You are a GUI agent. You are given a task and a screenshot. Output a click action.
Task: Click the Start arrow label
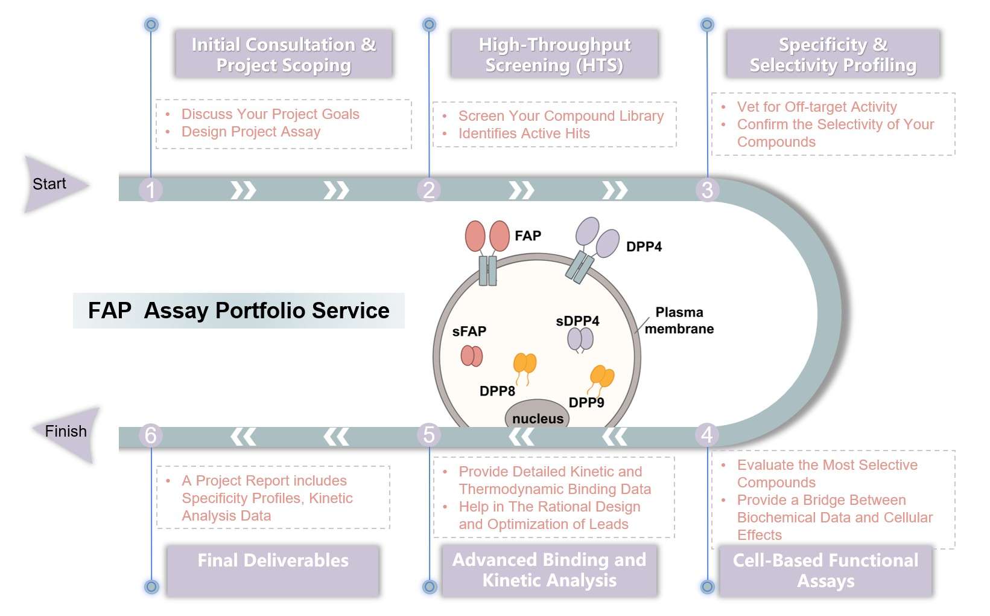pos(49,184)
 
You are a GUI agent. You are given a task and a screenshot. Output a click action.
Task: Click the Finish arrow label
pos(66,431)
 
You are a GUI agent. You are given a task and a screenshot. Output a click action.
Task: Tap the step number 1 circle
pos(150,190)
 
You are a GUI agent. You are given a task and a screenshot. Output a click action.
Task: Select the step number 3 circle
pos(707,190)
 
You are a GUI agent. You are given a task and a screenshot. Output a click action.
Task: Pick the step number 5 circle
pos(428,435)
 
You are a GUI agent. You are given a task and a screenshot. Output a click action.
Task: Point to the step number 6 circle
pos(150,435)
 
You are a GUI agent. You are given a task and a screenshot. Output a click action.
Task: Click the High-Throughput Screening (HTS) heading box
pos(554,54)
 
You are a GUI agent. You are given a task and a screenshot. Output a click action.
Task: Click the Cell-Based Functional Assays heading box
pos(825,570)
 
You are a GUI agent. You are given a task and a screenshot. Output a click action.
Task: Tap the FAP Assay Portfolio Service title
pos(238,310)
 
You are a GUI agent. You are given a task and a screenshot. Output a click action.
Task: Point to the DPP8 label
pos(497,391)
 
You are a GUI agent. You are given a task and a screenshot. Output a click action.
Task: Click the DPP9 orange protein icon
pos(601,377)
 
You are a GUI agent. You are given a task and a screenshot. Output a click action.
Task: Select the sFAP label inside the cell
pos(469,331)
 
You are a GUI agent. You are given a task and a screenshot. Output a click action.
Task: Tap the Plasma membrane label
pos(679,321)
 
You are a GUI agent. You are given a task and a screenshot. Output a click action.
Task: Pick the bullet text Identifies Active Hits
pos(524,133)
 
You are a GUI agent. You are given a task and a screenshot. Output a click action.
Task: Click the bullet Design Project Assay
pos(250,132)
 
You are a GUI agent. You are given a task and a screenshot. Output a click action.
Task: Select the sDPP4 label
pos(577,321)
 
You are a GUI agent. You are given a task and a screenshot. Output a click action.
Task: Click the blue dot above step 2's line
pos(429,25)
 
